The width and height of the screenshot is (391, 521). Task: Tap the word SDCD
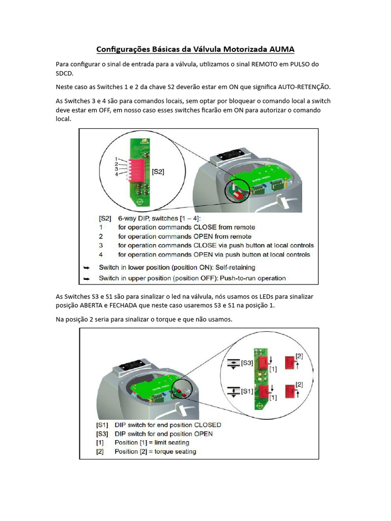click(x=64, y=74)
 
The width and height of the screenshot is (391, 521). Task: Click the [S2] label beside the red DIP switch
click(x=158, y=172)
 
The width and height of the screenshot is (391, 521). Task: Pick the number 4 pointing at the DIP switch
click(x=116, y=175)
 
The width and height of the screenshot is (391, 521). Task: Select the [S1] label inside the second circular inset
click(x=246, y=391)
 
